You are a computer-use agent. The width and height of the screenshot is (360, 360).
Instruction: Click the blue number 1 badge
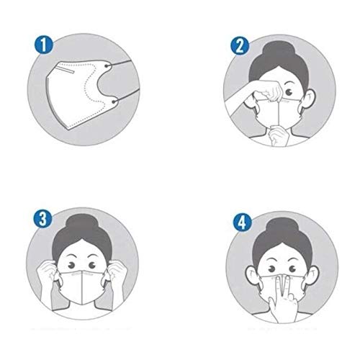click(43, 45)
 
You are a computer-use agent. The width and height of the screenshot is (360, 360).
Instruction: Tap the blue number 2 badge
click(240, 46)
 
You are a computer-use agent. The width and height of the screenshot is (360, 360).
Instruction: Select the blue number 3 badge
click(42, 219)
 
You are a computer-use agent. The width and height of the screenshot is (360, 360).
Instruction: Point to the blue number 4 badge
click(243, 222)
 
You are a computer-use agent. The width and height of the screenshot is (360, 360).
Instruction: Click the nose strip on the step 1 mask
click(66, 70)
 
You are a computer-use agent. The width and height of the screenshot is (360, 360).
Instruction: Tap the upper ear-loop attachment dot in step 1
click(106, 66)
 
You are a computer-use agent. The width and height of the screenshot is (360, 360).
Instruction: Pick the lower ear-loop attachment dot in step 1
click(114, 102)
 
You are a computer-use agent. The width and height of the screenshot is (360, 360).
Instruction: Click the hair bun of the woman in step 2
click(278, 51)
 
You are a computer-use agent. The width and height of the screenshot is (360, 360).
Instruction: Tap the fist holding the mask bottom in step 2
click(279, 135)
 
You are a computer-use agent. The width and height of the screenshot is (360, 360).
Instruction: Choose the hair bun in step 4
click(282, 228)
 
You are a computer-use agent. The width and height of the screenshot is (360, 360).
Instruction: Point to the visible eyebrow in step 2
click(289, 84)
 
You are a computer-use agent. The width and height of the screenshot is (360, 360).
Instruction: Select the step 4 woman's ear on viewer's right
click(312, 279)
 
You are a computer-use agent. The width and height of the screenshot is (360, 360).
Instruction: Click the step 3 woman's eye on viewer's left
click(71, 266)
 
